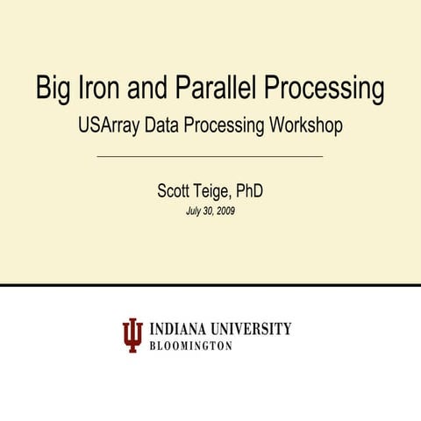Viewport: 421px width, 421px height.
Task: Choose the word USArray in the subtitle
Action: [109, 126]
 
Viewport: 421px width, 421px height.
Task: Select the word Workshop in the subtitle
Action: [303, 126]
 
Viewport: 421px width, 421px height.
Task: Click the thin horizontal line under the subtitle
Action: [210, 156]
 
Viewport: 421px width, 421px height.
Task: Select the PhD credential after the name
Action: [250, 190]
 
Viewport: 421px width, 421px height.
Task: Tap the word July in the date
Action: [194, 211]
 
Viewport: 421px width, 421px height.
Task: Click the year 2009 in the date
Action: [225, 211]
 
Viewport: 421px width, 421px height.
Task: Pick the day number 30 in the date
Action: [208, 211]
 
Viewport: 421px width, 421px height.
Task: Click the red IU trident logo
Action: [132, 335]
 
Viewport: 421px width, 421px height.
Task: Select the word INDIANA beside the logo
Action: [180, 329]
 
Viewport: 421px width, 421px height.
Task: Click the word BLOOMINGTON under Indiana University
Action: [192, 346]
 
